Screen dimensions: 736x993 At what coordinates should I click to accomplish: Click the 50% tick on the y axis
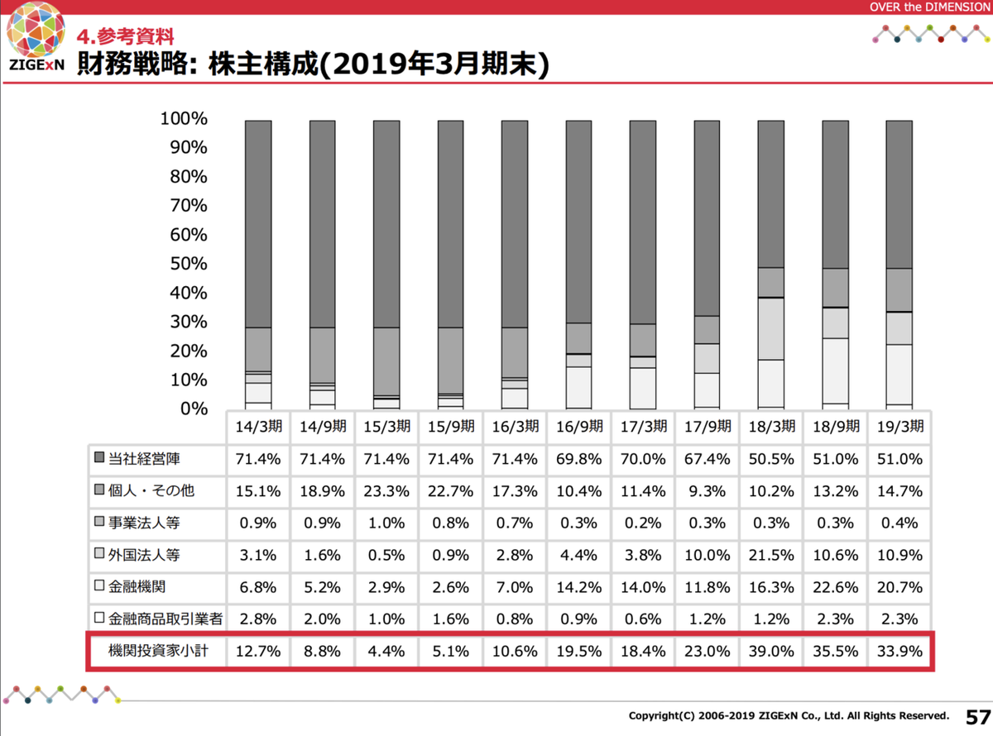pos(189,264)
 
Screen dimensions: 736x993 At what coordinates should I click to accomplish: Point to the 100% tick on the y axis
pos(184,119)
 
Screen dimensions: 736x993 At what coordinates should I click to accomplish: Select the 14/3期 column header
pos(257,428)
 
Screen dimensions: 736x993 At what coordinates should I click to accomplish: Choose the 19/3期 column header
pos(899,428)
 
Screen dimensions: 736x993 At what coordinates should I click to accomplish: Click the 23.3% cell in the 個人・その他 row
pos(386,490)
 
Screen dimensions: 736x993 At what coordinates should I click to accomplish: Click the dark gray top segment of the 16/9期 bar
pos(578,221)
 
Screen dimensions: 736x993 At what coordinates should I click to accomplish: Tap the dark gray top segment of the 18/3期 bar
pos(770,194)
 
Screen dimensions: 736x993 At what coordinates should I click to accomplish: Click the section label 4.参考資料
pos(125,36)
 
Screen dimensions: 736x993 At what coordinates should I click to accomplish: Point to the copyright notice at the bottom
pos(788,715)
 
